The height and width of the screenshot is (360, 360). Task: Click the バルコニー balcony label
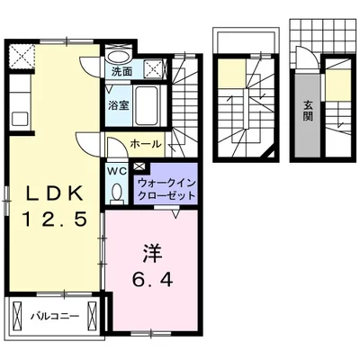coord(55,316)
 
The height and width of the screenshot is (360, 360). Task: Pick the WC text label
coord(116,168)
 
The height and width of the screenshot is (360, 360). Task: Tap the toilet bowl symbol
coord(116,191)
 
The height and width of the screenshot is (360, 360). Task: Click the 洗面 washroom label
coord(121,71)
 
